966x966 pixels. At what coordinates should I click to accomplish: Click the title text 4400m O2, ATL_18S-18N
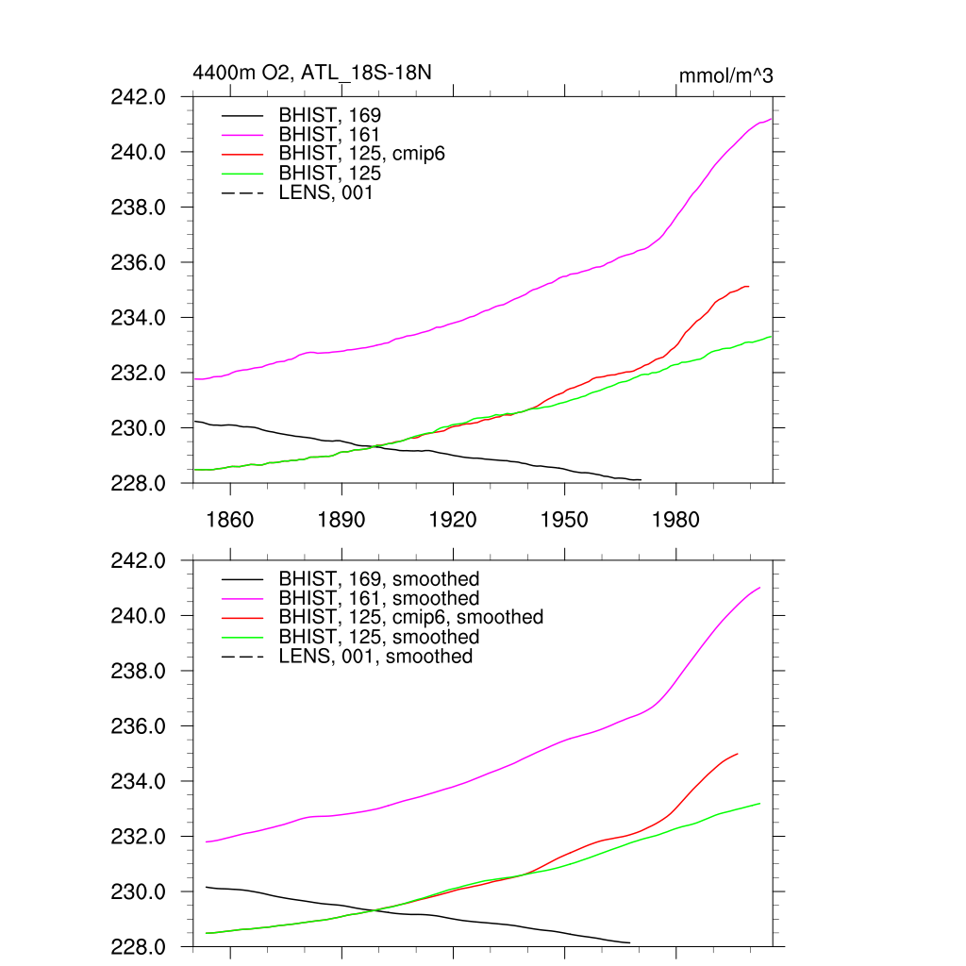(x=312, y=73)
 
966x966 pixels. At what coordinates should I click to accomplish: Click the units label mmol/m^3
(x=726, y=75)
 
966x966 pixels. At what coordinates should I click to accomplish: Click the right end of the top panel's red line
(x=748, y=286)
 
